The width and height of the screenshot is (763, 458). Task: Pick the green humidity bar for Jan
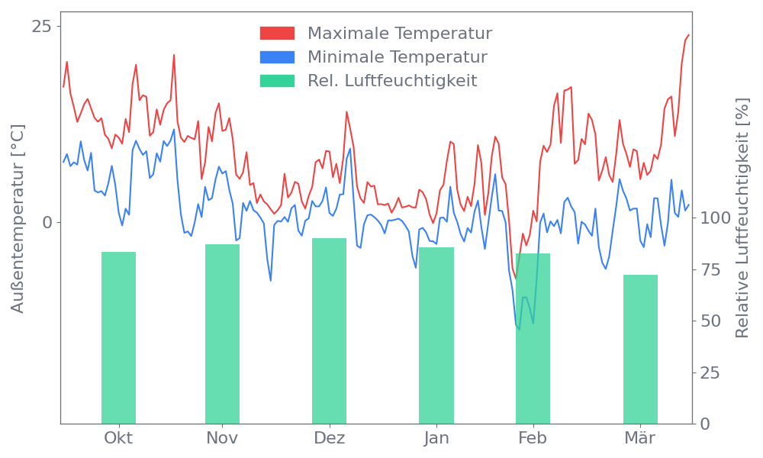(x=436, y=335)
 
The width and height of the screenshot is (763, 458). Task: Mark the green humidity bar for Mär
(x=640, y=349)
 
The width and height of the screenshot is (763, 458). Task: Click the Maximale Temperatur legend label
(x=400, y=34)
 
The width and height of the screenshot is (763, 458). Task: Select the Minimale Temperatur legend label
(x=397, y=57)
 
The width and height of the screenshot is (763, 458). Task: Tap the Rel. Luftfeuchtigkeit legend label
(x=392, y=81)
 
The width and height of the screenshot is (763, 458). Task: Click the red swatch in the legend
(x=277, y=34)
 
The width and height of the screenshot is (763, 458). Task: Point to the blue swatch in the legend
(x=277, y=57)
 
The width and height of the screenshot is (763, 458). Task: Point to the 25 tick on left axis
(x=41, y=27)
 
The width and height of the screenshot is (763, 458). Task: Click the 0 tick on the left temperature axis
(x=47, y=222)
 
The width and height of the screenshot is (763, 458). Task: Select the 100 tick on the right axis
(x=716, y=218)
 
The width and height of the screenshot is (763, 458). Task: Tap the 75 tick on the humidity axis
(x=711, y=269)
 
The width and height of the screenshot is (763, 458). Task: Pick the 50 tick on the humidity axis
(x=711, y=321)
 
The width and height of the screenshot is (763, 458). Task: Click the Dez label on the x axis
(x=329, y=438)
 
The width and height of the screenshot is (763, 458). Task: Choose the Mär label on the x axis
(x=640, y=438)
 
